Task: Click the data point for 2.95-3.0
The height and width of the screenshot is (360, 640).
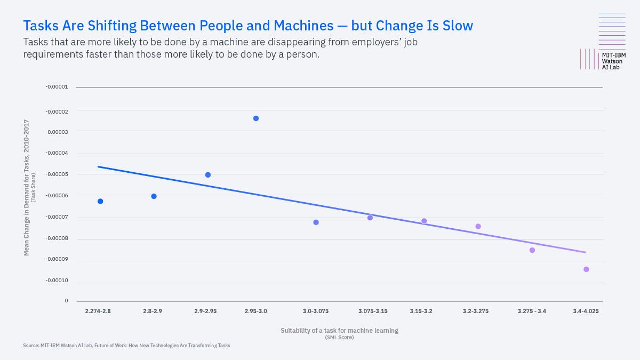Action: click(256, 118)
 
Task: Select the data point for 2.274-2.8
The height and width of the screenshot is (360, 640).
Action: click(100, 201)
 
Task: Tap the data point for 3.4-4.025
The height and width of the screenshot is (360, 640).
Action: click(586, 269)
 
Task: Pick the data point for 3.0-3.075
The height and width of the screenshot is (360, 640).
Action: click(316, 222)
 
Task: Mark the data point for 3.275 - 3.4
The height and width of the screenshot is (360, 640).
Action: click(532, 250)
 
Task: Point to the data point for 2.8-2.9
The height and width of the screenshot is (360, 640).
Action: click(154, 196)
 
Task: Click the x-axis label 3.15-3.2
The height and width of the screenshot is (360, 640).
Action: click(421, 311)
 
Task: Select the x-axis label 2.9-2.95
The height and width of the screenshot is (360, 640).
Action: click(205, 311)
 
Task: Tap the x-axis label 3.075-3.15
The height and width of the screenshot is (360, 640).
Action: click(373, 311)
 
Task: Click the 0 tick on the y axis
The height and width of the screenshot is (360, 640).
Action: click(66, 301)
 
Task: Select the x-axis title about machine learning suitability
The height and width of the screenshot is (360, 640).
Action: click(339, 331)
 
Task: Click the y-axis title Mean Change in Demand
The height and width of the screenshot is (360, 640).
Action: click(26, 187)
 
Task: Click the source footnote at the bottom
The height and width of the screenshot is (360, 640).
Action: click(126, 346)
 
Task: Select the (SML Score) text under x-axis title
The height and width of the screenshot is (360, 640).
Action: click(339, 337)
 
